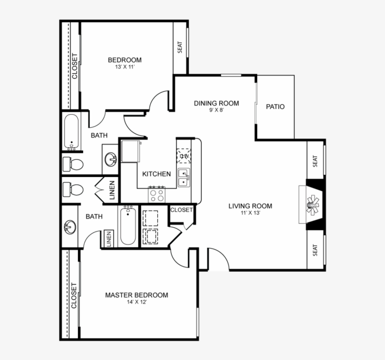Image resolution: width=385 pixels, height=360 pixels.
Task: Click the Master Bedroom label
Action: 136,295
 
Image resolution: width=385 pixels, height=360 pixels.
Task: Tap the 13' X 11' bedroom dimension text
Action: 125,68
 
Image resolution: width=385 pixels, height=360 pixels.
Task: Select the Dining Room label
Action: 216,103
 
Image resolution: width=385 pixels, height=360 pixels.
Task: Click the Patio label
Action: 275,107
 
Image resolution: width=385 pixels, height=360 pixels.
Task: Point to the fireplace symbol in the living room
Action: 312,205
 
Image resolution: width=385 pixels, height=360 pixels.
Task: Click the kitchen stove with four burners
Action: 157,194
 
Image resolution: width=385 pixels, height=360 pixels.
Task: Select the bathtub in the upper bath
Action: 72,132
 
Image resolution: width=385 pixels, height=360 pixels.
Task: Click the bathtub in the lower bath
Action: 128,226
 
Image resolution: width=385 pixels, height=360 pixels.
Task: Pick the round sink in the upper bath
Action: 111,159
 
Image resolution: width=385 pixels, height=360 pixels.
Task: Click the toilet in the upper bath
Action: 74,164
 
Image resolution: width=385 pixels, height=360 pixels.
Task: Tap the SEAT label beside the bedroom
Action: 180,47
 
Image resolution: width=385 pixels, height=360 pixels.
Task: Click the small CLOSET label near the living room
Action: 181,210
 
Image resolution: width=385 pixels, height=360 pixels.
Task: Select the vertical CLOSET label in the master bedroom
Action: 74,296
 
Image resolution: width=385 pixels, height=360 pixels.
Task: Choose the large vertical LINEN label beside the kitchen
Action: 112,191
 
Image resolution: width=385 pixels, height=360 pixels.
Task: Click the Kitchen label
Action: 156,174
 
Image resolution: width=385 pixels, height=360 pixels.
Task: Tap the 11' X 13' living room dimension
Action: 250,213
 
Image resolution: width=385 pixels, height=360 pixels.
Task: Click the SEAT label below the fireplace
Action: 315,250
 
